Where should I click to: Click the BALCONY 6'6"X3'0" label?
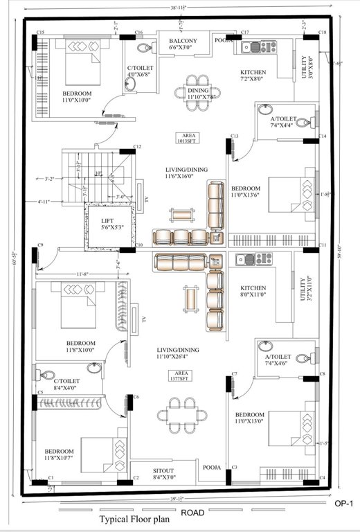[x=183, y=45]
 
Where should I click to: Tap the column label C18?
[x=322, y=33]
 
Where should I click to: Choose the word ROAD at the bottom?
[x=192, y=513]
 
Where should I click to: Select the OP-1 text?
[x=343, y=504]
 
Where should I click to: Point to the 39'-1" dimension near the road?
[x=176, y=499]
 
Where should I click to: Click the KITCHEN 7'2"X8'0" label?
[x=252, y=76]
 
